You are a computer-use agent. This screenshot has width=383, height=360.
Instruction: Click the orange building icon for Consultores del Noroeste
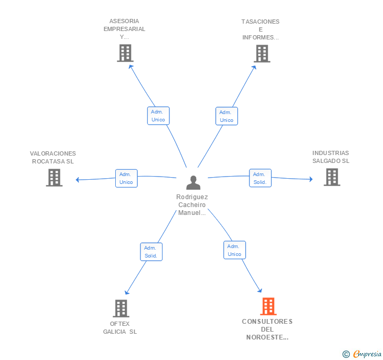[x=268, y=306]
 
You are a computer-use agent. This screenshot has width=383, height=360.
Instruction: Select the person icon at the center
[x=193, y=182]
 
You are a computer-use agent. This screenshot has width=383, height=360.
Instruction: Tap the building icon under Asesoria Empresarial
[x=125, y=53]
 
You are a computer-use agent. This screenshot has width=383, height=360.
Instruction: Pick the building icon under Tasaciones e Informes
[x=262, y=54]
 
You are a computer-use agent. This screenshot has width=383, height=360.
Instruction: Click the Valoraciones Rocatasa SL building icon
[x=54, y=178]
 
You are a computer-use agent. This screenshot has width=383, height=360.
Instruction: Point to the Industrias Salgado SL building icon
[x=332, y=177]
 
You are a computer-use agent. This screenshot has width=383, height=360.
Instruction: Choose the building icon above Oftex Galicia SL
[x=121, y=308]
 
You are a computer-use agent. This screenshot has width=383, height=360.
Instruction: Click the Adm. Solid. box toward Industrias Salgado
[x=260, y=178]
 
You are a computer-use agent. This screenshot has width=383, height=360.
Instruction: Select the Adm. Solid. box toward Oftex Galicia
[x=151, y=252]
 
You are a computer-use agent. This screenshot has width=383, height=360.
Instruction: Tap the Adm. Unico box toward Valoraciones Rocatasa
[x=126, y=178]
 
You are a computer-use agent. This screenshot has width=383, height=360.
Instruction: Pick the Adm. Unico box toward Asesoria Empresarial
[x=158, y=116]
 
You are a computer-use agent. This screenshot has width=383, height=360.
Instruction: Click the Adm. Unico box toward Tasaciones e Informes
[x=226, y=116]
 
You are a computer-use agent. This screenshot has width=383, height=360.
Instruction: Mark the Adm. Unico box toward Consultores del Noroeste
[x=235, y=250]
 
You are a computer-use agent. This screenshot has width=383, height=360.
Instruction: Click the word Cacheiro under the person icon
[x=192, y=205]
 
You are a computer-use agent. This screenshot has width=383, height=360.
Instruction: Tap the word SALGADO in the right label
[x=327, y=161]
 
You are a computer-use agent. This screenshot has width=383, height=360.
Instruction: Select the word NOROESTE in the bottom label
[x=267, y=337]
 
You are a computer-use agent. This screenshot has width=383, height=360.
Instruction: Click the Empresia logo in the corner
[x=362, y=354]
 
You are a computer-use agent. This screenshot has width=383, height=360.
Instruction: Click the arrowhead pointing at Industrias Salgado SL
[x=311, y=179]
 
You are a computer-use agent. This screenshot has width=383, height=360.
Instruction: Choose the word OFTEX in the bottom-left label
[x=120, y=324]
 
